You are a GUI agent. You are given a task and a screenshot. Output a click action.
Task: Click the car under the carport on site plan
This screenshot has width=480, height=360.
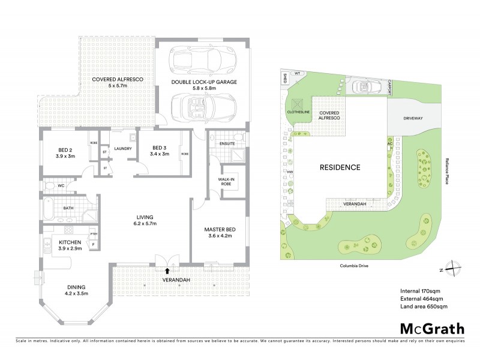[365, 87]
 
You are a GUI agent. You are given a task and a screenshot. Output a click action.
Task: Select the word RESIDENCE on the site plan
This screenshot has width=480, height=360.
[340, 167]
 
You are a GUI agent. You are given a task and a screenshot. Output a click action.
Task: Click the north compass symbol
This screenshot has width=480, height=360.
[454, 269]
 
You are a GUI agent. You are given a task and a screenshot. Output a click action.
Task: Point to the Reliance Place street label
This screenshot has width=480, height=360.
[447, 171]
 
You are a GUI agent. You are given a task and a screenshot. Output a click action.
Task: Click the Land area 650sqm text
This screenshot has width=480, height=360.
[424, 307]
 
